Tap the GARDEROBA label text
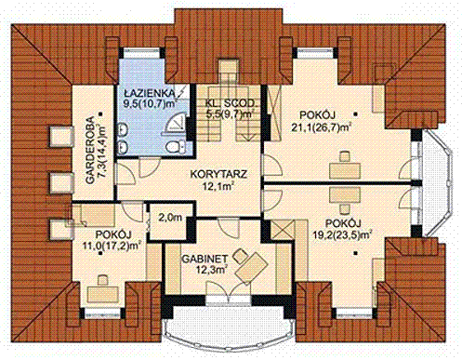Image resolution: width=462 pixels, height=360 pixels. click(90, 151)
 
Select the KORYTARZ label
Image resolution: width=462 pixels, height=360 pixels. click(218, 174)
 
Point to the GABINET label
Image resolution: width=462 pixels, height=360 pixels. click(205, 259)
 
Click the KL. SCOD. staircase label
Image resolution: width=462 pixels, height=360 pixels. click(231, 103)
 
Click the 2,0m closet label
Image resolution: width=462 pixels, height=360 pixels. click(170, 218)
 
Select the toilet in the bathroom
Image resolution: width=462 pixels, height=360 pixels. click(176, 146)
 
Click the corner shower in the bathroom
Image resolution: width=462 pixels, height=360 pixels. click(176, 125)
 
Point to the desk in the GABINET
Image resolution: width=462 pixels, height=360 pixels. click(252, 266)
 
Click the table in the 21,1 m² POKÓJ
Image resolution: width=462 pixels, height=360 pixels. click(345, 170)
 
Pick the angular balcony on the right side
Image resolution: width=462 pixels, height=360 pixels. click(437, 183)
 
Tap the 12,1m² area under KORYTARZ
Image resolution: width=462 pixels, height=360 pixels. click(218, 186)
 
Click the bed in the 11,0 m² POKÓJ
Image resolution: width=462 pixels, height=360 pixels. click(94, 213)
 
